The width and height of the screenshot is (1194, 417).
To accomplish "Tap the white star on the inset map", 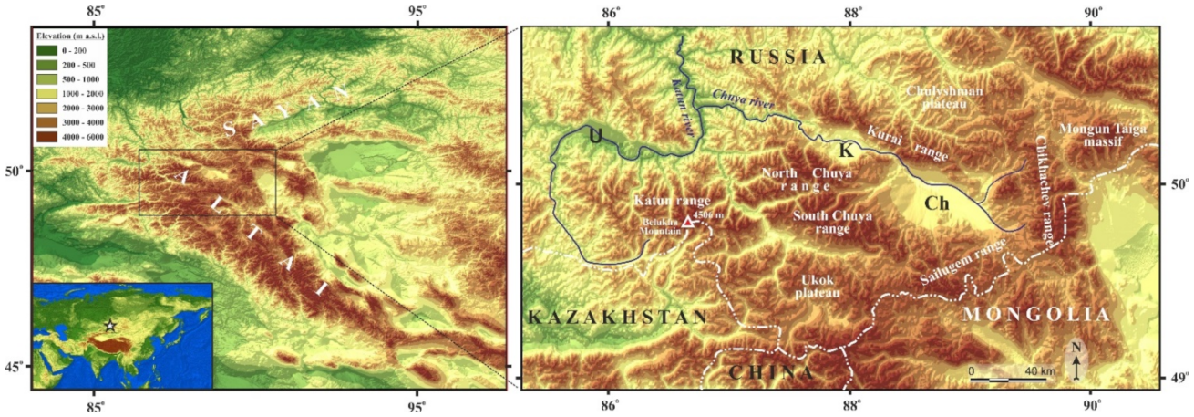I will [x=110, y=326].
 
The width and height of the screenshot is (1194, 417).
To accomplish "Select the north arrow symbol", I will [x=1077, y=362].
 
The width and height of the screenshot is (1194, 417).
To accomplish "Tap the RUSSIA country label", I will [x=777, y=57].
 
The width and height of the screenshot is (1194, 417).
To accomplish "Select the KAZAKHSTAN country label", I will [x=618, y=318].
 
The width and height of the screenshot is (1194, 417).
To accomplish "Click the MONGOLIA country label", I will [x=1037, y=315].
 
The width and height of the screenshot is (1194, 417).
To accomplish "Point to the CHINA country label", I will [x=771, y=372].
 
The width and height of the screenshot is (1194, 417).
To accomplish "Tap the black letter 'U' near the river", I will [x=595, y=136].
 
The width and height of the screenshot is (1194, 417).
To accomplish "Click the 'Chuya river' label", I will [x=743, y=99].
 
